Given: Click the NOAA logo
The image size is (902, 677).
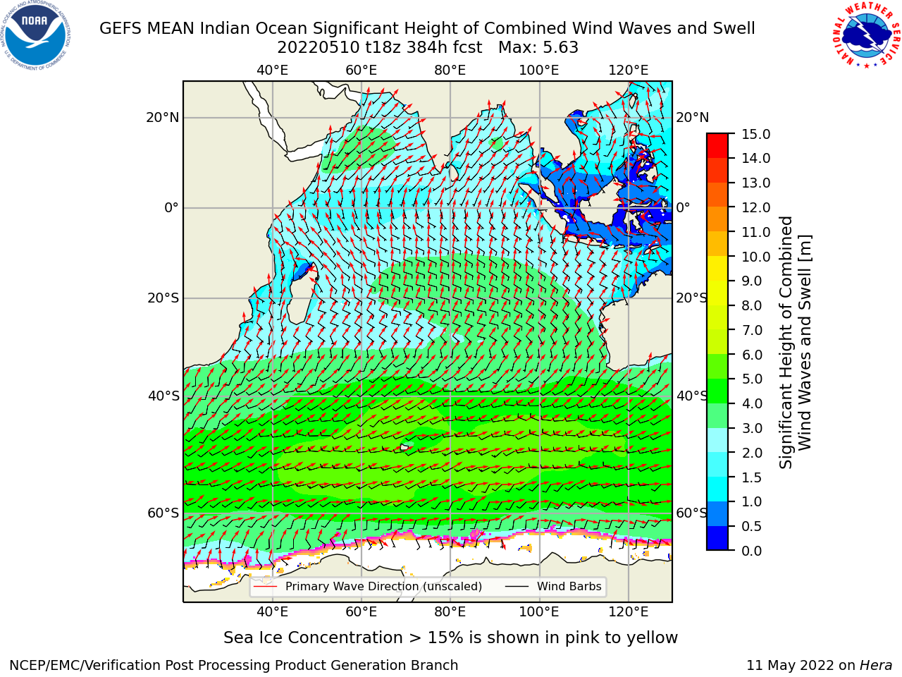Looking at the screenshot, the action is [36, 35].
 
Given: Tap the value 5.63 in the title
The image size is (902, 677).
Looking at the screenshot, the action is [560, 48].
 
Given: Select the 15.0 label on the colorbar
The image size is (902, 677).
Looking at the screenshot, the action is [756, 134].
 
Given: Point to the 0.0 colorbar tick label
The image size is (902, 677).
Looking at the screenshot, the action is [752, 551].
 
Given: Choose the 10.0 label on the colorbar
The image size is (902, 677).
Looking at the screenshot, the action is [756, 257].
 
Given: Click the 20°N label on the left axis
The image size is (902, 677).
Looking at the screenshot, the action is [163, 118].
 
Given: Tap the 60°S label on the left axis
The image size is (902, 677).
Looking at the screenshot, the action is [163, 513].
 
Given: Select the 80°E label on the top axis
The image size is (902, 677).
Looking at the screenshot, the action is [450, 71].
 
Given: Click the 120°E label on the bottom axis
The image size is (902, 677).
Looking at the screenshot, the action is [629, 612].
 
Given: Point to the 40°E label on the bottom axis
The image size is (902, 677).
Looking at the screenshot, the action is [272, 612].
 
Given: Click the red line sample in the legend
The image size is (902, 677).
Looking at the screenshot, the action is [266, 587].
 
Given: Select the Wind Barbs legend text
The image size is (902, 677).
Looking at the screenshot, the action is [569, 587].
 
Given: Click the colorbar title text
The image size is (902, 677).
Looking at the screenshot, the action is [796, 343].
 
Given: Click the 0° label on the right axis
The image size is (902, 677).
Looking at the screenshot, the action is [684, 207].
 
